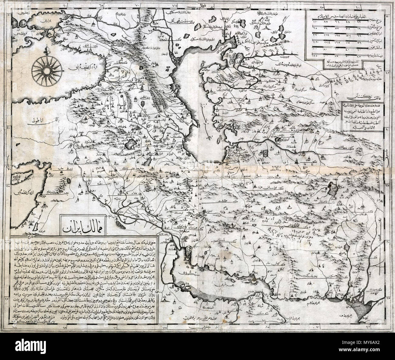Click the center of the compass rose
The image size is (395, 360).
coord(46,71)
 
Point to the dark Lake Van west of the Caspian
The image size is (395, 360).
coord(131,142)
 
